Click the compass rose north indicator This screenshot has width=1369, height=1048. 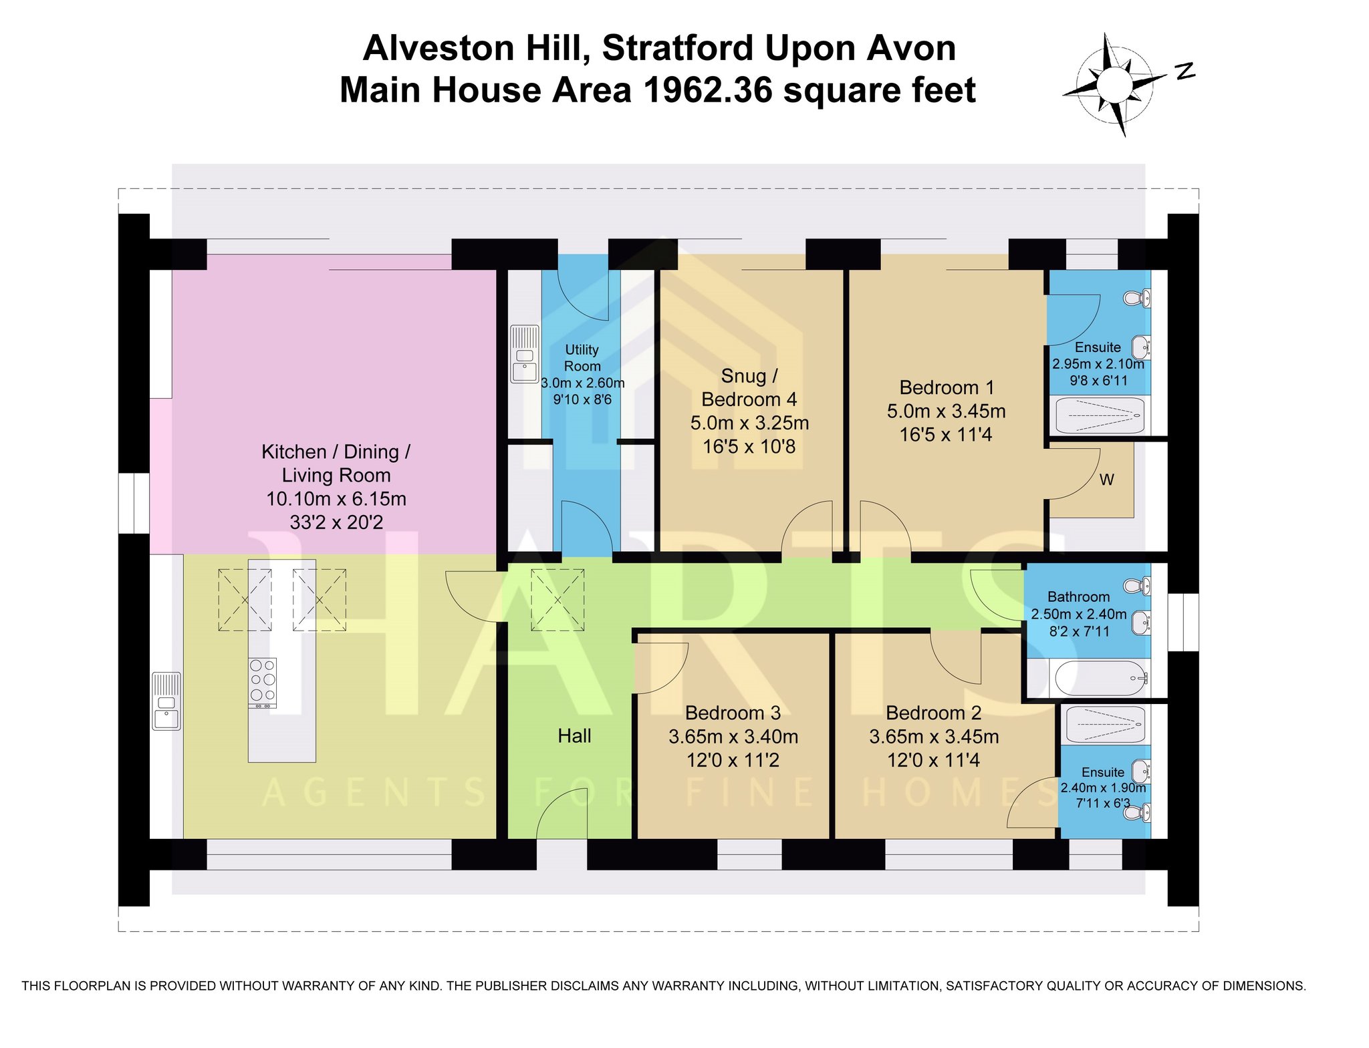[x=1185, y=71]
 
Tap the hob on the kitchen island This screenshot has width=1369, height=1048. [x=263, y=683]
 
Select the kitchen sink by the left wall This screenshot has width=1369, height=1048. [x=166, y=701]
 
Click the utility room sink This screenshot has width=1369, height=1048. [x=525, y=353]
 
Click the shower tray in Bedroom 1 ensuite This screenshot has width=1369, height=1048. [x=1100, y=415]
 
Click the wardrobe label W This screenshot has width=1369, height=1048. [x=1106, y=480]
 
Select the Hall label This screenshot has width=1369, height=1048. [x=575, y=736]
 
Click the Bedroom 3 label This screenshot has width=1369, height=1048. [x=733, y=713]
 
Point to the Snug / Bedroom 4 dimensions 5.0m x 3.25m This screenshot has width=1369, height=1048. [x=749, y=423]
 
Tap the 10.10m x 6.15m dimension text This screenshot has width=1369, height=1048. [x=336, y=499]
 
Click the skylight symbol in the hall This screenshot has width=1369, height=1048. [x=557, y=600]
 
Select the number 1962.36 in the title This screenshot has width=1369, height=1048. [x=709, y=90]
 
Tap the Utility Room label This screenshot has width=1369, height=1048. [x=582, y=358]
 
